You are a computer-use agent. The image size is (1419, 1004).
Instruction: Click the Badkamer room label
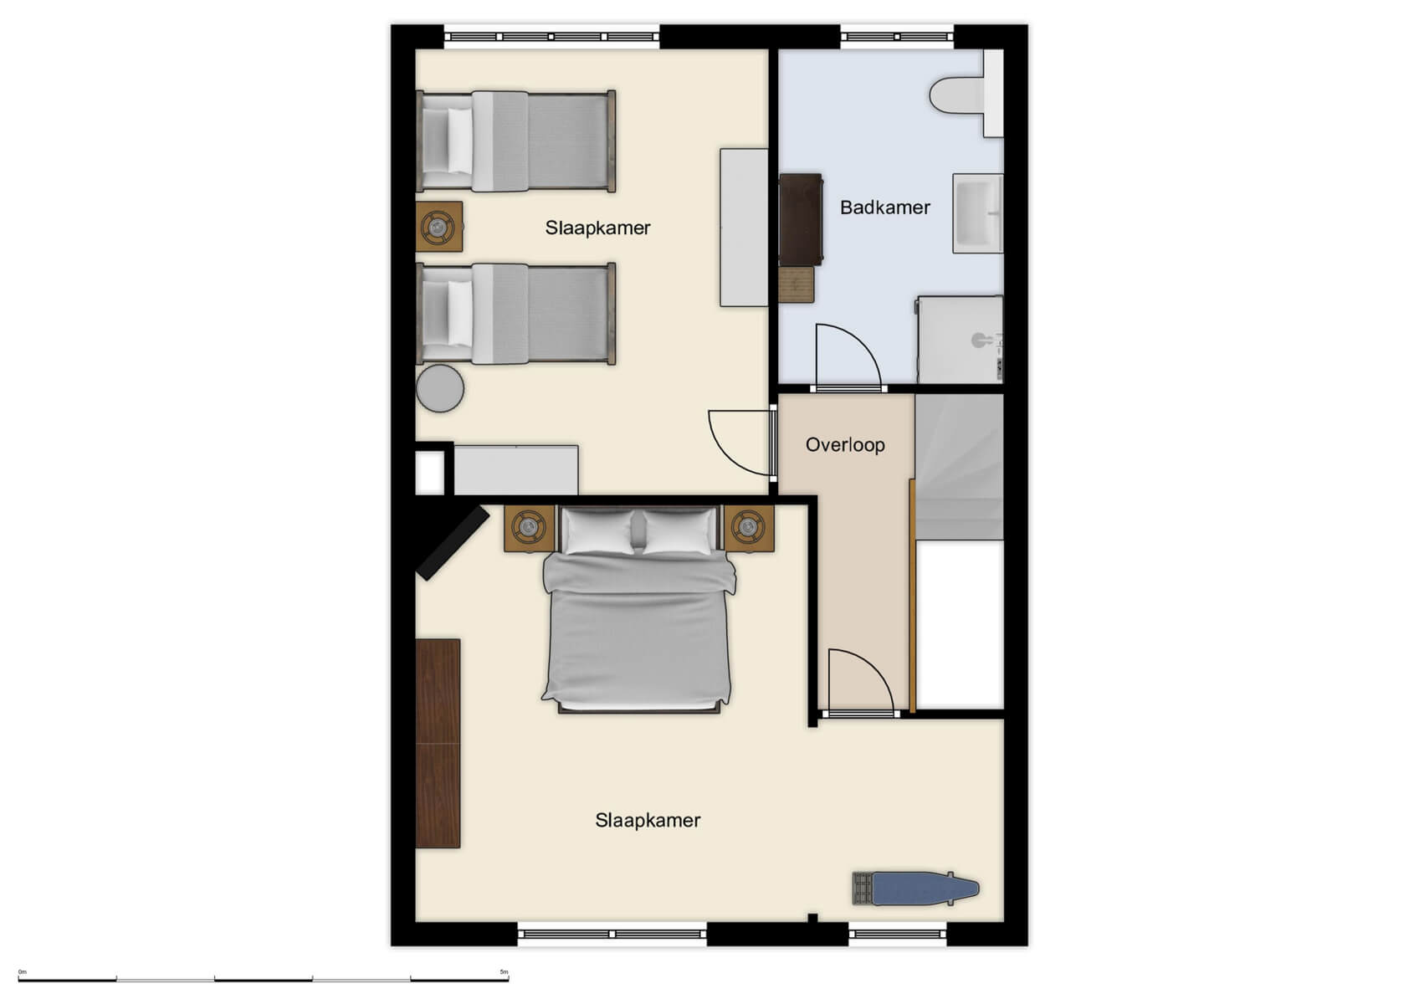click(x=884, y=207)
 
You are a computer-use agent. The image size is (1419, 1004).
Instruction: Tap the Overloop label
click(x=845, y=445)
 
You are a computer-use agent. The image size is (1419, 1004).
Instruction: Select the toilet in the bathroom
click(x=962, y=95)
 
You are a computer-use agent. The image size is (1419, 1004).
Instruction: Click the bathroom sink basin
click(x=976, y=213)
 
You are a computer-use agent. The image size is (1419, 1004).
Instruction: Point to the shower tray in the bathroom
click(x=960, y=340)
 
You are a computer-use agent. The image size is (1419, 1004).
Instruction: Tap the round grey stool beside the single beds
click(x=440, y=388)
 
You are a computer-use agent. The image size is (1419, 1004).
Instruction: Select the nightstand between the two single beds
click(x=438, y=227)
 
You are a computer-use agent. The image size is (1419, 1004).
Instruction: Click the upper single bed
click(x=516, y=141)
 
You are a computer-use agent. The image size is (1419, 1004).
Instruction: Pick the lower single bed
click(x=516, y=315)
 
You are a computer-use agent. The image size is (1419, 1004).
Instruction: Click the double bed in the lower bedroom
click(x=638, y=619)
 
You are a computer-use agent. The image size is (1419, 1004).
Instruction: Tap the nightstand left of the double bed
click(x=530, y=528)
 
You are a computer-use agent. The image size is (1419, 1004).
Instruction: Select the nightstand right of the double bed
click(x=748, y=528)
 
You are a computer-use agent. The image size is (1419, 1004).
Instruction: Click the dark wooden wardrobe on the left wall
click(x=438, y=743)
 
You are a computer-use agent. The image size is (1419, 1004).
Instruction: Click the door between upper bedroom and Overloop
click(x=740, y=442)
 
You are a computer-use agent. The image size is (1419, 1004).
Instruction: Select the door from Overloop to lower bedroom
click(x=859, y=681)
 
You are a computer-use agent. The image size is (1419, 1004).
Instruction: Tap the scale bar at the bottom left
click(x=263, y=978)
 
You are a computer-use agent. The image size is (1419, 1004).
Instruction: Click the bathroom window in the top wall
click(x=896, y=37)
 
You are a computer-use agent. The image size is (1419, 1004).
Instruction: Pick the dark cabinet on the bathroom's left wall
click(x=801, y=219)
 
